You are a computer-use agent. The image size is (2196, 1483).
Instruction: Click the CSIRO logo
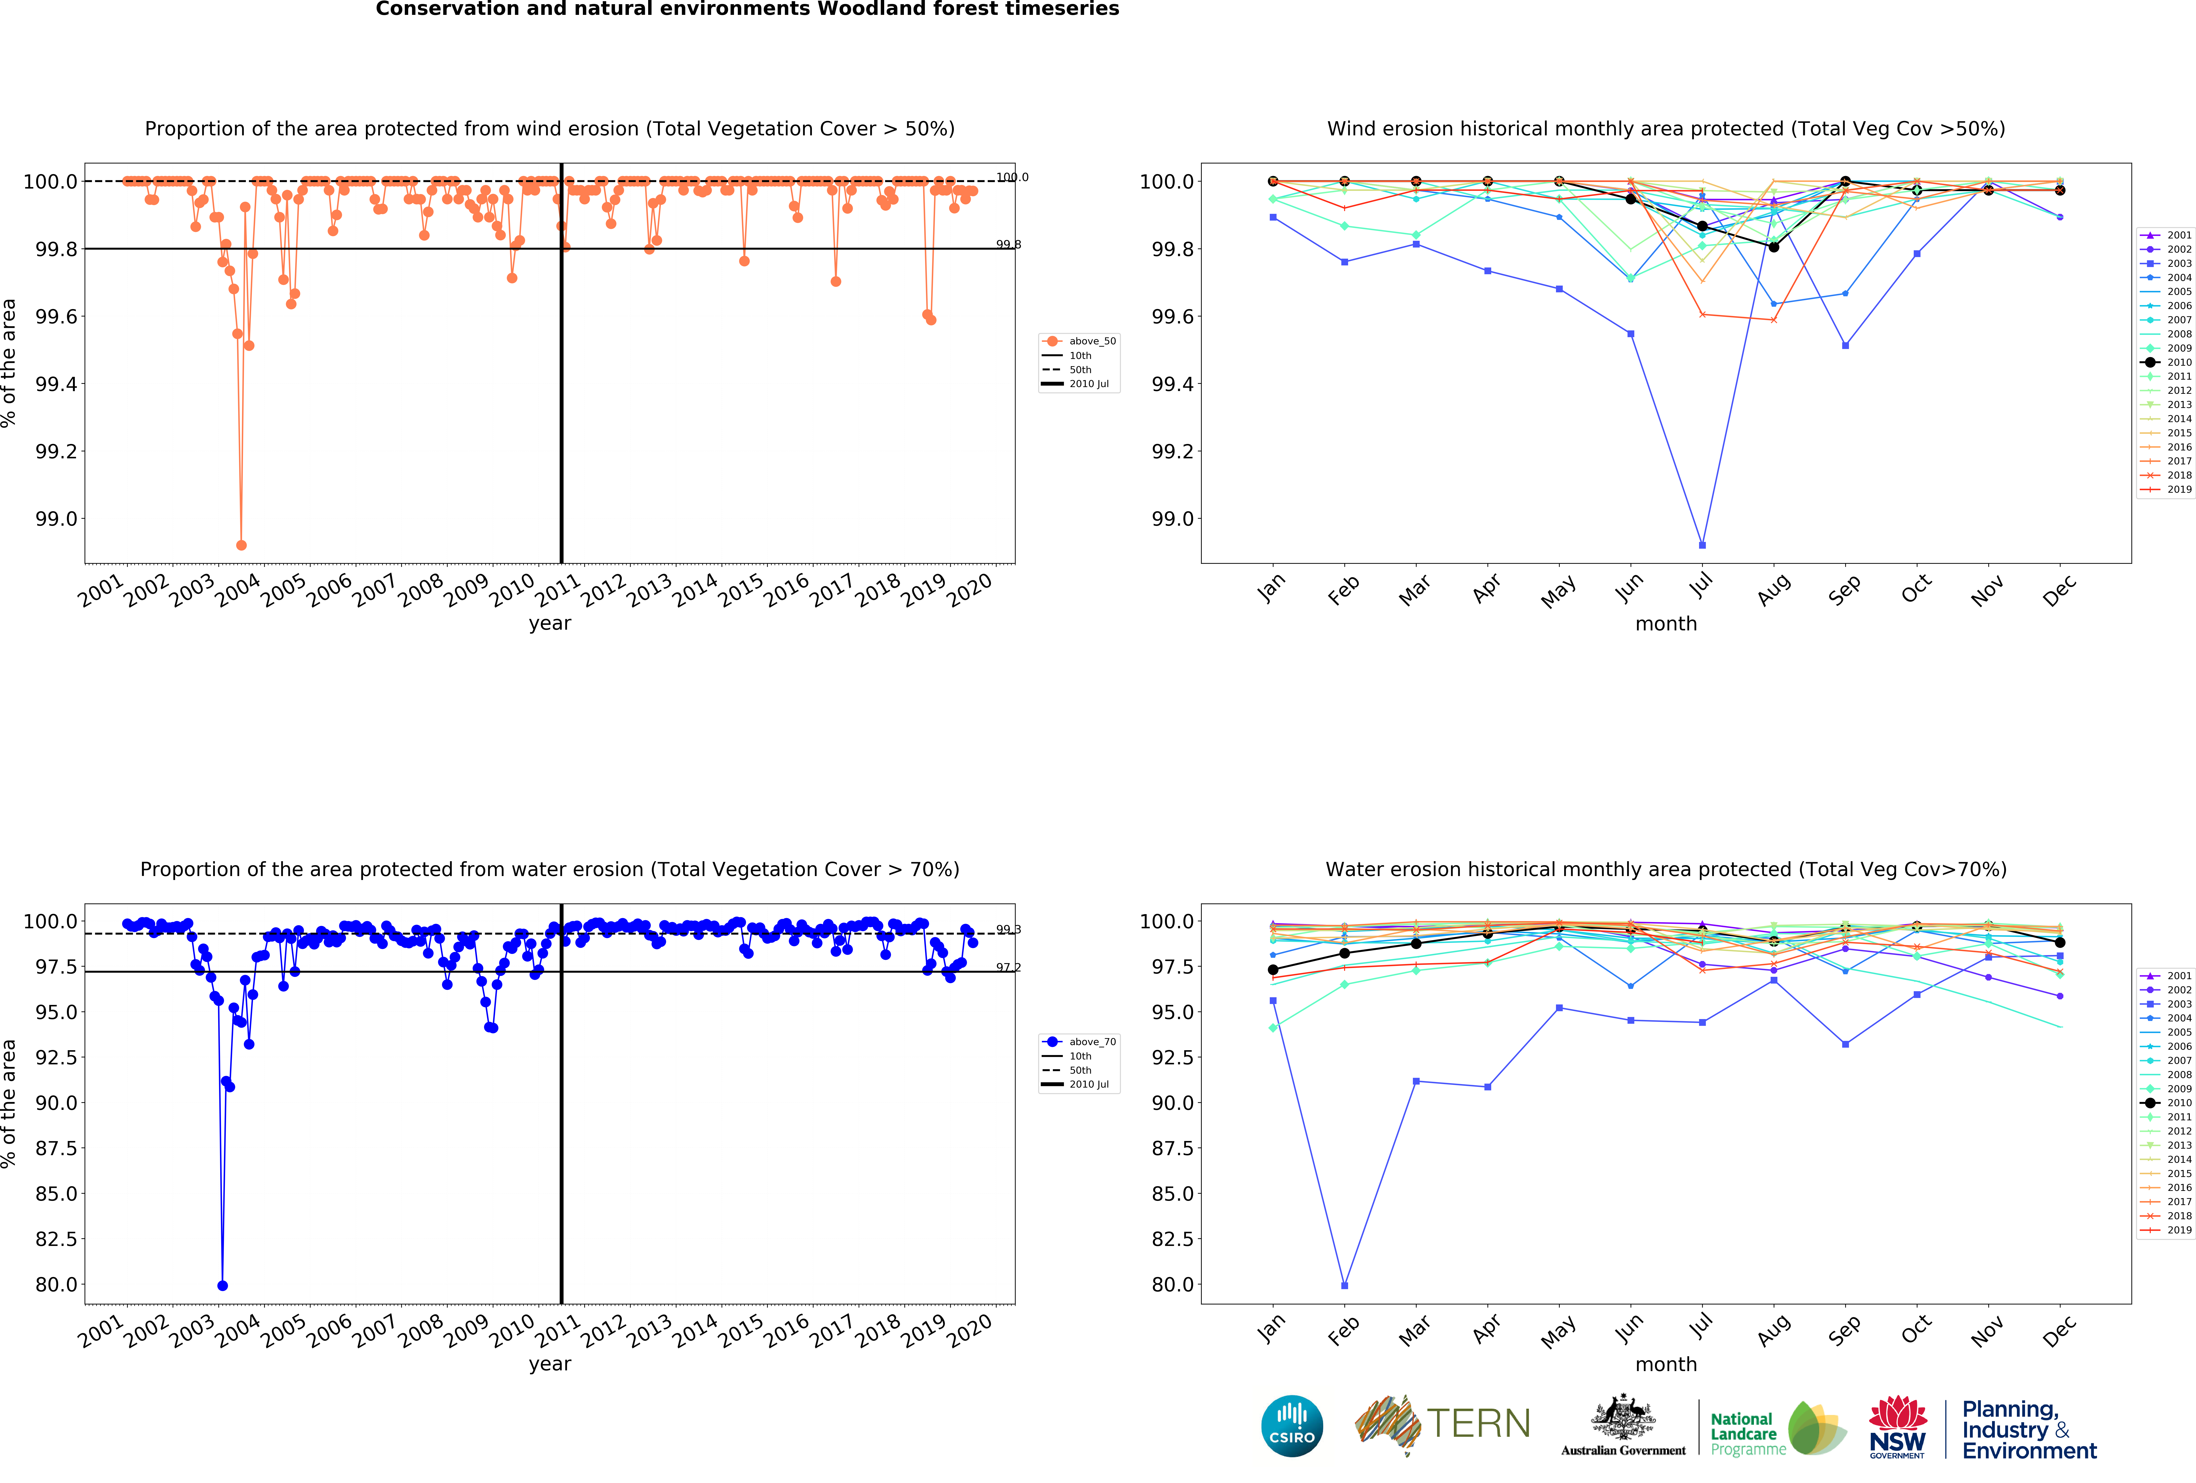coord(1292,1425)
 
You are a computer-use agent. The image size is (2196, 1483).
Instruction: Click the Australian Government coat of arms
coord(1622,1417)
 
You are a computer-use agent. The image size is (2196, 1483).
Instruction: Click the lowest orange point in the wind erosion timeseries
coord(241,545)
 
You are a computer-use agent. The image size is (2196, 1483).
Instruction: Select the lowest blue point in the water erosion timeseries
coord(222,1286)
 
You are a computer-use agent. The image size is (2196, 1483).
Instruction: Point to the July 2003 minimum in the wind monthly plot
coord(1702,545)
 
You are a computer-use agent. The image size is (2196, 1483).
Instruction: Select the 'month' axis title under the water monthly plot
coord(1666,1364)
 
